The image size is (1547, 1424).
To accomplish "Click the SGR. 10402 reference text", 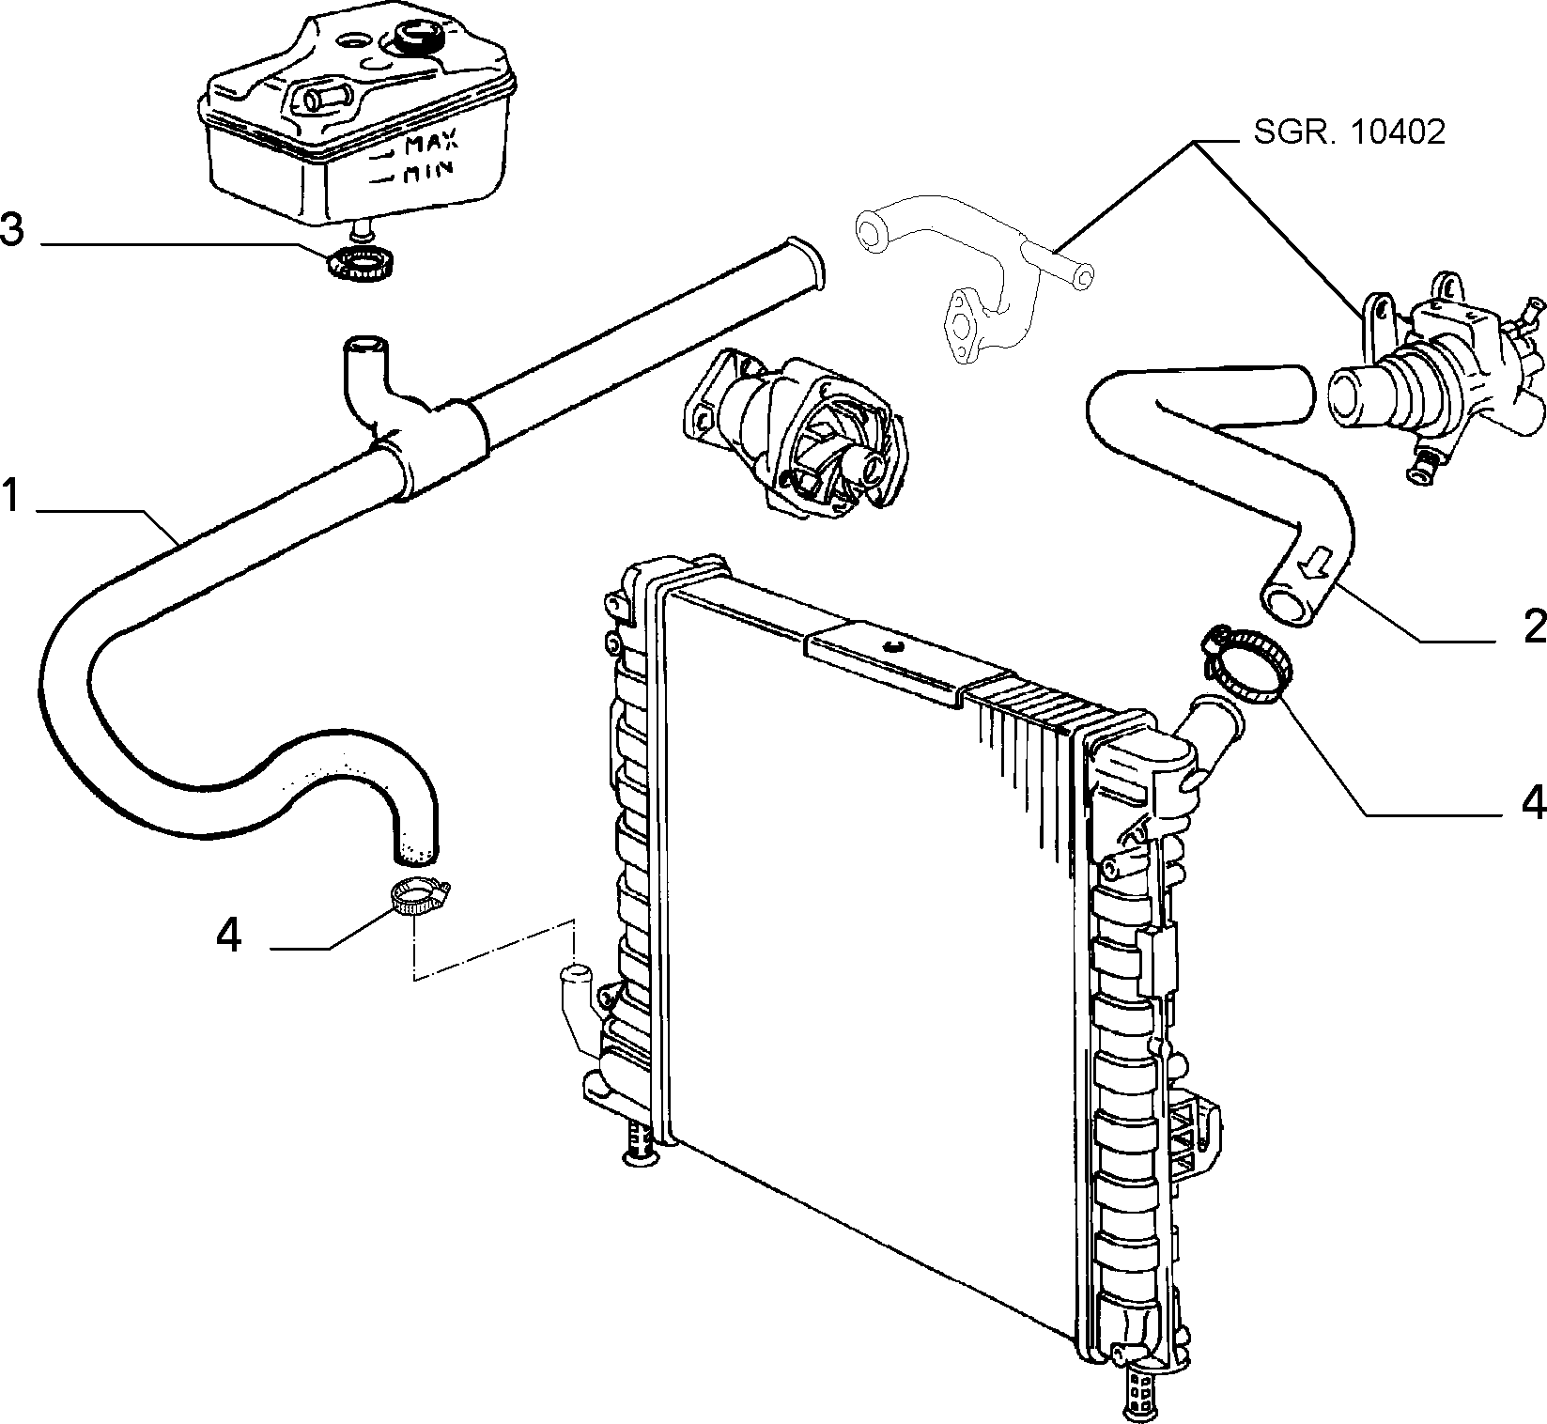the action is pos(1349,132).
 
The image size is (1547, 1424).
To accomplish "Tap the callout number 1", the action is pos(10,495).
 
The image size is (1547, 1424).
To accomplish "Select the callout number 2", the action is pos(1534,626).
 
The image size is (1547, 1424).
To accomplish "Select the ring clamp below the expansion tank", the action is pos(364,264).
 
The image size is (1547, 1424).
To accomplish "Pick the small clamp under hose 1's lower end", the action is pos(420,897).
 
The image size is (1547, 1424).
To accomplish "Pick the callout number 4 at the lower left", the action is pos(229,936).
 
